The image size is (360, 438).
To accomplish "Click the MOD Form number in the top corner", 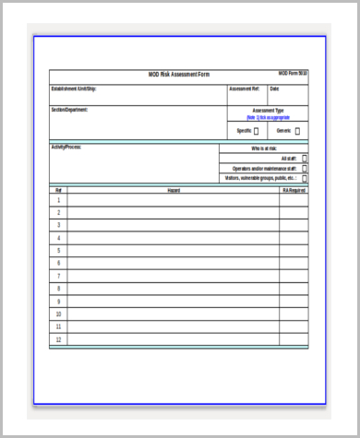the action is (x=294, y=73).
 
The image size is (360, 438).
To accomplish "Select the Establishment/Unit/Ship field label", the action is (x=73, y=89).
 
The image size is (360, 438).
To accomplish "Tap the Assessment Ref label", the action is (x=245, y=89).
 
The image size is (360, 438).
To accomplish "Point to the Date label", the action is (x=274, y=89).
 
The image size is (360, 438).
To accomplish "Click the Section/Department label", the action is (x=70, y=110).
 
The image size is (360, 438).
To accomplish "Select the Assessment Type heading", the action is (x=268, y=111).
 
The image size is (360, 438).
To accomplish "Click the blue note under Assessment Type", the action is (x=268, y=118).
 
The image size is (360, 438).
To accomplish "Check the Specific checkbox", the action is (x=256, y=131).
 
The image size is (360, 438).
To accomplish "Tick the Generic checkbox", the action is (x=297, y=131).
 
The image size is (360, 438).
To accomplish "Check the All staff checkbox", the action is (x=305, y=158).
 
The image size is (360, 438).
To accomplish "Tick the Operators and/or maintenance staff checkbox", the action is (x=305, y=168).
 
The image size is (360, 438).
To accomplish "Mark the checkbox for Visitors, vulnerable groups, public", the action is (x=305, y=178).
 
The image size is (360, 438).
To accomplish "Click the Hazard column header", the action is (x=174, y=190).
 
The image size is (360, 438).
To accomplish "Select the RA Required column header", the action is (x=294, y=190).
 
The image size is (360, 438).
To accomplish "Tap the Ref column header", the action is (x=58, y=190).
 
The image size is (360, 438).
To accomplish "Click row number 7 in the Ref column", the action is (x=58, y=276).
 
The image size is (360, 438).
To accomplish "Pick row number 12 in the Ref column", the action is (x=58, y=338).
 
